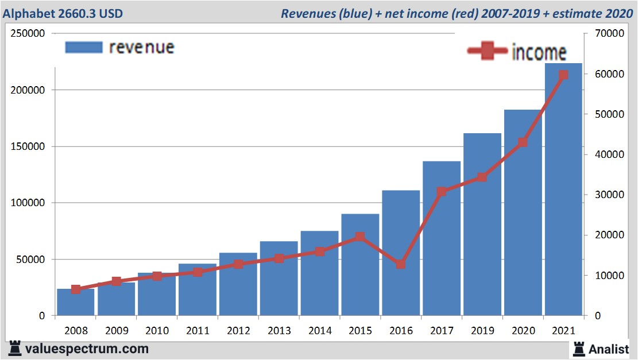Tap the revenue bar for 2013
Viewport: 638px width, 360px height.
coord(279,281)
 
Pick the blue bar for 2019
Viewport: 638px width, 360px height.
coord(482,230)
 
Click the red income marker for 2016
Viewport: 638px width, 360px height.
coord(400,265)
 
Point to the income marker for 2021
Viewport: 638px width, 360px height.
coord(563,75)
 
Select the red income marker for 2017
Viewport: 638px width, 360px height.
coord(441,192)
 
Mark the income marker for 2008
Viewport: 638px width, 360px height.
coord(76,289)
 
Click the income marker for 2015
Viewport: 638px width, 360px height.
coord(359,237)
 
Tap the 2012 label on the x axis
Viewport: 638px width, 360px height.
coord(238,331)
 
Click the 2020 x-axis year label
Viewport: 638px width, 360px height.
coord(523,331)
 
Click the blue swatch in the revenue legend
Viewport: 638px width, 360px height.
coord(84,48)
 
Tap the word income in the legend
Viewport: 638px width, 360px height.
coord(538,52)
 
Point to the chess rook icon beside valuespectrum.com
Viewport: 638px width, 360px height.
coord(16,348)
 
